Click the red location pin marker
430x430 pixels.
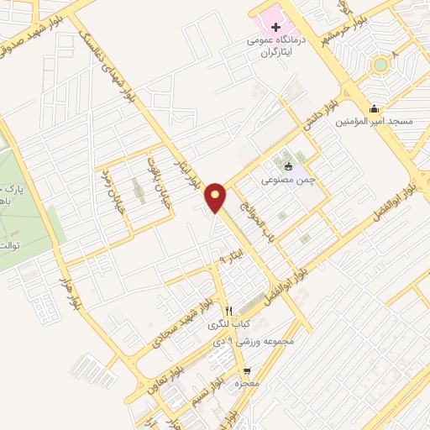coord(216,197)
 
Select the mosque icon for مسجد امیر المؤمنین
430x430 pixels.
coord(374,108)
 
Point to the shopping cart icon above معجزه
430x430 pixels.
coord(246,370)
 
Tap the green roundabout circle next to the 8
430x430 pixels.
coord(380,64)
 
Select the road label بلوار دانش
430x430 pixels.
coord(321,118)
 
